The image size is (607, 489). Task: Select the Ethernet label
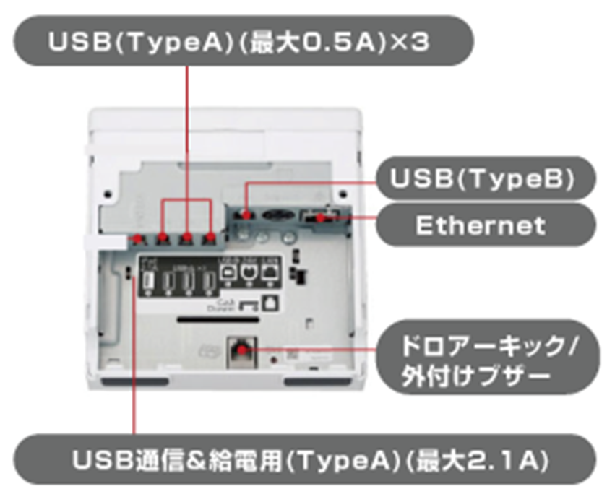[x=481, y=226]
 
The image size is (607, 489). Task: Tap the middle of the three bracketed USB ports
[x=186, y=238]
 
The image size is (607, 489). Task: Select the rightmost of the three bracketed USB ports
[x=210, y=238]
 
